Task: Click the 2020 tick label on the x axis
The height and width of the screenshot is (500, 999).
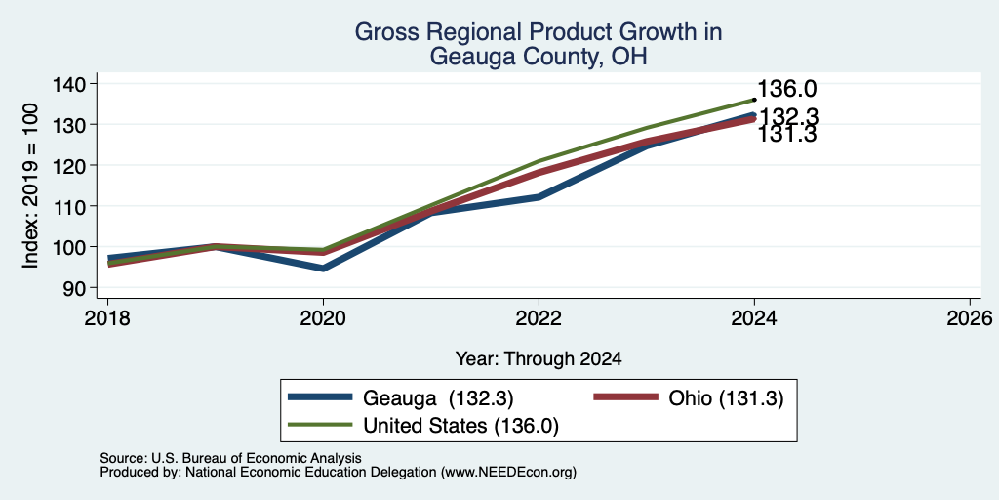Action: point(323,317)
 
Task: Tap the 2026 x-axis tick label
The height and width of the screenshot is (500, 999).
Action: point(970,317)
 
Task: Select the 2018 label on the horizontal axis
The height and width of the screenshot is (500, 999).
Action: point(107,317)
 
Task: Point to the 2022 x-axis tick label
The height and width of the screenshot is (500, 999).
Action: point(539,317)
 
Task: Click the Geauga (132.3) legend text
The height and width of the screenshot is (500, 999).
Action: point(438,398)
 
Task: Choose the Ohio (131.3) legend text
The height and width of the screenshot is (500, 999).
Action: point(726,398)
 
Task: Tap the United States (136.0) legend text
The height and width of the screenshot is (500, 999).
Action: point(460,426)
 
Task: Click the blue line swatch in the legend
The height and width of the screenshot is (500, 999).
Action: point(320,397)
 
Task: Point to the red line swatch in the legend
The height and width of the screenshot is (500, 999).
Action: point(625,397)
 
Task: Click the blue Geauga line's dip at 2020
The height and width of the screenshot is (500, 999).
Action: point(323,269)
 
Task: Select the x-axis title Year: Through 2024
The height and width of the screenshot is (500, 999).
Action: point(539,359)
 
